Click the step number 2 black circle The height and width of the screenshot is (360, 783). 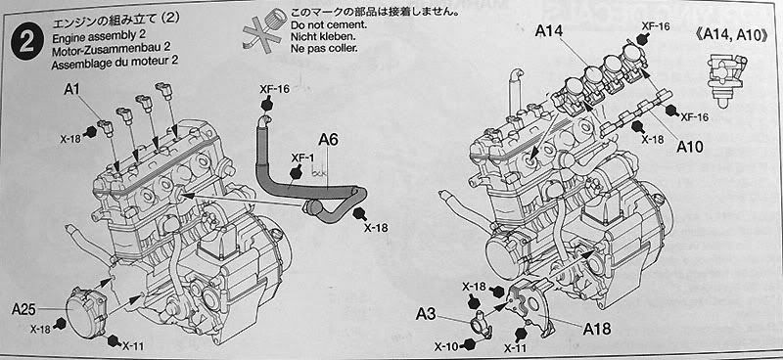[x=26, y=43]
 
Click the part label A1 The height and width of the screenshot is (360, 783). [x=72, y=90]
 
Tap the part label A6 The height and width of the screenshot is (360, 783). [x=328, y=140]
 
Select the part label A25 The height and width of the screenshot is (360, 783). [x=23, y=310]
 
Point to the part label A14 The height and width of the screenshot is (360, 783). [x=549, y=31]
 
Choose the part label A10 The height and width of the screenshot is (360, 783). [x=690, y=147]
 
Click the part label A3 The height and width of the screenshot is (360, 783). [x=426, y=315]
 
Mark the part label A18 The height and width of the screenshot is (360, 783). [x=597, y=328]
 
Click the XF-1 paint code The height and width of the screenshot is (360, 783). [x=303, y=158]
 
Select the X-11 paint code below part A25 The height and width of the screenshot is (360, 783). [x=134, y=345]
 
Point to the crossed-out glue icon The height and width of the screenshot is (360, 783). [x=262, y=29]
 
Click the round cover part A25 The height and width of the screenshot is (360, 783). [x=86, y=312]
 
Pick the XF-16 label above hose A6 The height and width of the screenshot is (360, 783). [x=274, y=89]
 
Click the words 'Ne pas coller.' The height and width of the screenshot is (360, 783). [x=324, y=49]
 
